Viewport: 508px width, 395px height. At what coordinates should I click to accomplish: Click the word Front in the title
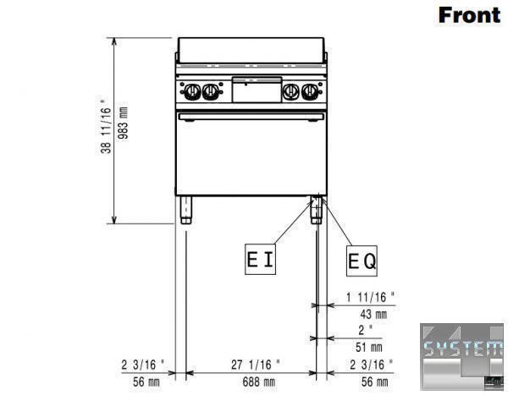click(x=469, y=15)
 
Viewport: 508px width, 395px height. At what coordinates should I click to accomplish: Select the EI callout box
click(x=260, y=259)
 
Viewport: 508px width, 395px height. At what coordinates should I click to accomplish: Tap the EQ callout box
click(x=362, y=261)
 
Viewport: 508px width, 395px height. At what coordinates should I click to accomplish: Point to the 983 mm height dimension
click(x=123, y=123)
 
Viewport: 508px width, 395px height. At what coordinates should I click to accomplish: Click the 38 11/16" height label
click(x=106, y=127)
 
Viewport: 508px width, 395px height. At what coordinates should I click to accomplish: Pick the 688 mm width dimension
click(x=259, y=382)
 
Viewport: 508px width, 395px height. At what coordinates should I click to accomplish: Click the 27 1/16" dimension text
click(x=256, y=365)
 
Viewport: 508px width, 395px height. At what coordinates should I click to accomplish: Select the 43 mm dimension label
click(x=373, y=314)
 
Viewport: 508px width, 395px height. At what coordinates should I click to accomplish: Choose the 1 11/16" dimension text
click(x=371, y=297)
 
